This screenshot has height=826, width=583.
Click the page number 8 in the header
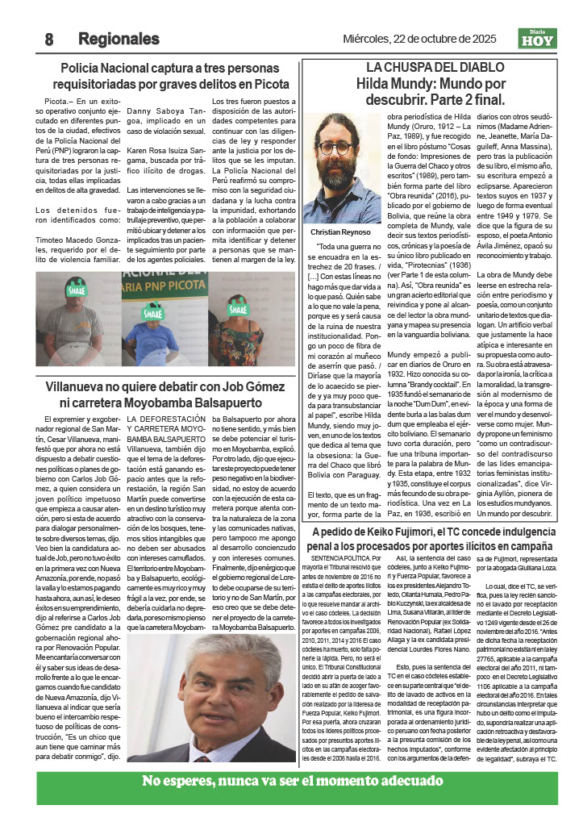[49, 39]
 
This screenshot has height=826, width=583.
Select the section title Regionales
[119, 39]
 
